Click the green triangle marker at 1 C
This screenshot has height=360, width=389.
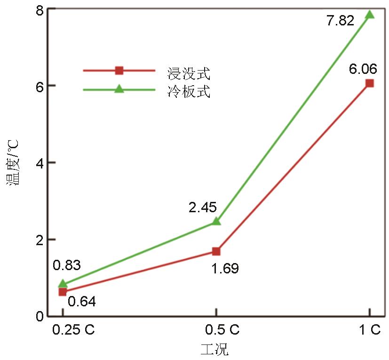[x=370, y=15]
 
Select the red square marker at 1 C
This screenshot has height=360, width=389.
[x=370, y=83]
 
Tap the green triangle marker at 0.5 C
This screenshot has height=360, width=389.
[x=216, y=221]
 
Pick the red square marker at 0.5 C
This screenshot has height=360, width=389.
[x=216, y=251]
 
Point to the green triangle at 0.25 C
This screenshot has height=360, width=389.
[x=63, y=284]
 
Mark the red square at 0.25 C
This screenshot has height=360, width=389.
[x=63, y=292]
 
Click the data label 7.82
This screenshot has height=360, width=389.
[x=340, y=21]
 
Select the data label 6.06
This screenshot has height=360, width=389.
[x=363, y=70]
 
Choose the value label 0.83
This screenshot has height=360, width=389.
[x=67, y=265]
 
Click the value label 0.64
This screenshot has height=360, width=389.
[x=82, y=301]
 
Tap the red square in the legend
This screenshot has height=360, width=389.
[x=119, y=71]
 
